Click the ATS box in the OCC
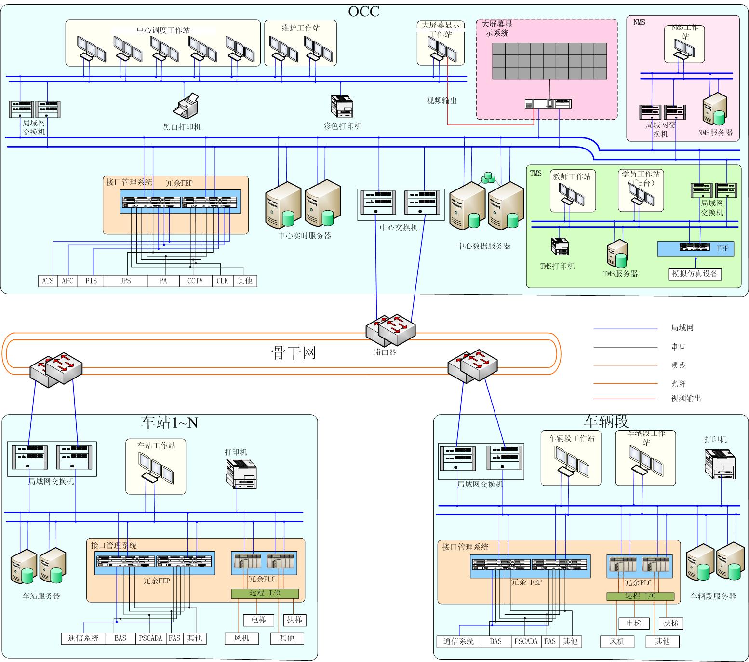tap(48, 281)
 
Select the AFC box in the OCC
tap(67, 281)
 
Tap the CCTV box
tap(195, 281)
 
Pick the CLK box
tap(222, 281)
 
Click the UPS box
tap(125, 281)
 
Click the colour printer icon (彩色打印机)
tap(342, 107)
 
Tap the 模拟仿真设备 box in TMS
tap(695, 274)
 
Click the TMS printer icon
tap(560, 246)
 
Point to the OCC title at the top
tap(364, 11)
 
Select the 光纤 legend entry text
tap(678, 384)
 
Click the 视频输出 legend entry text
tap(686, 398)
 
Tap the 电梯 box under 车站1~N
tap(259, 620)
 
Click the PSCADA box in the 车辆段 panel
tap(525, 641)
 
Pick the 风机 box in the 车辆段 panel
tap(617, 641)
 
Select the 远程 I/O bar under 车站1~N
tap(265, 594)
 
